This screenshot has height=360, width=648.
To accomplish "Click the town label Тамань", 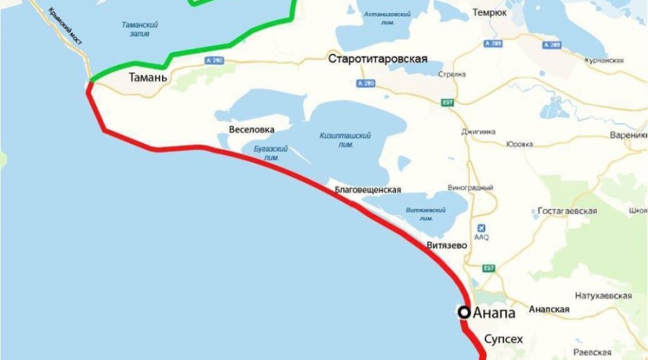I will coord(149,77).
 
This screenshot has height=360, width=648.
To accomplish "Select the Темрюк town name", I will coord(491,13).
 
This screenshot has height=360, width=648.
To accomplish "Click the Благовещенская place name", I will coord(368,190).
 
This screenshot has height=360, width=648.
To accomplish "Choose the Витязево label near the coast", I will coord(447,246).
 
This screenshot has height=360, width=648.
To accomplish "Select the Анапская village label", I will coord(549,310).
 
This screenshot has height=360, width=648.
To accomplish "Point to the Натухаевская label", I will coord(603,296).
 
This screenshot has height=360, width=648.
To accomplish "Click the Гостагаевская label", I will coord(568,211).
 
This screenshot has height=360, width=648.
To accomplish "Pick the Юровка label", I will coord(519,144).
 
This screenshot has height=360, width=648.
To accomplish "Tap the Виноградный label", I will coord(470,188).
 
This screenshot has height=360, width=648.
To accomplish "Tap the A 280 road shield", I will coord(365,84).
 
